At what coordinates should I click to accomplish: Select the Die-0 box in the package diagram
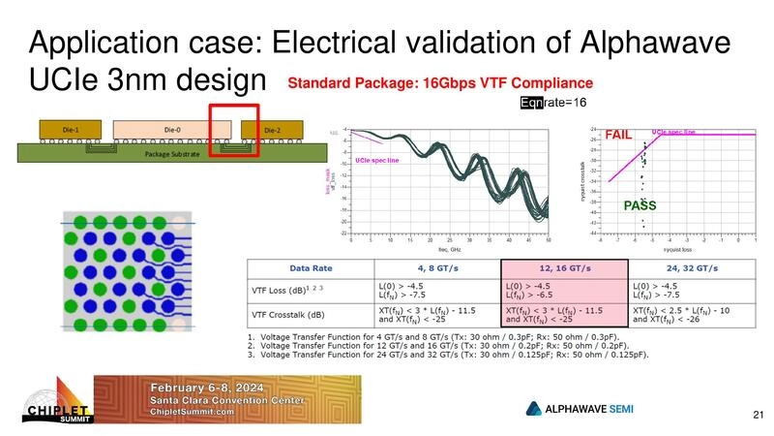click(x=172, y=129)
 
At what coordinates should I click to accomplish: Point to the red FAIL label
click(x=620, y=136)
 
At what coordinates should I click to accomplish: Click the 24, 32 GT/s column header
click(x=690, y=267)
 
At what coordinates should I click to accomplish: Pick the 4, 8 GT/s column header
click(x=437, y=267)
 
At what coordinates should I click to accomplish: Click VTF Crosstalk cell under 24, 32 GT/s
click(x=690, y=312)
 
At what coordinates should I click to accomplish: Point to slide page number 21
click(x=758, y=416)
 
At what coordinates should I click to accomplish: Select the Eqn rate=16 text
click(x=553, y=101)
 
